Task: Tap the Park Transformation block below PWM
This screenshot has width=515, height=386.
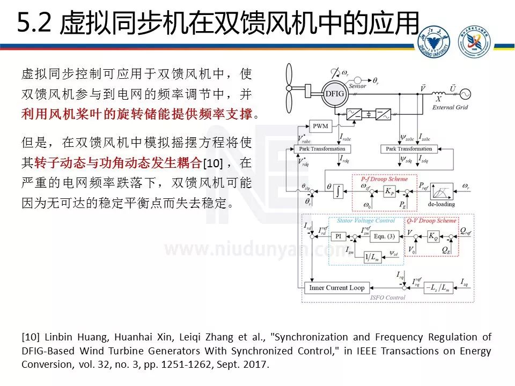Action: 322,149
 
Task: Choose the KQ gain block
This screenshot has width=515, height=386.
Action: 432,236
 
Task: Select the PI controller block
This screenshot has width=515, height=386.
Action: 338,236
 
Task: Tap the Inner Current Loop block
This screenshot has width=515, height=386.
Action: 337,288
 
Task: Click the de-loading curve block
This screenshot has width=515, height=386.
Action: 441,193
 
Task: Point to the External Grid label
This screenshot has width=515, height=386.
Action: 450,107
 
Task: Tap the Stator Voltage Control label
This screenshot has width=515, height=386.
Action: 366,220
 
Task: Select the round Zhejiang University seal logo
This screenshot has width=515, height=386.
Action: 434,41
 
